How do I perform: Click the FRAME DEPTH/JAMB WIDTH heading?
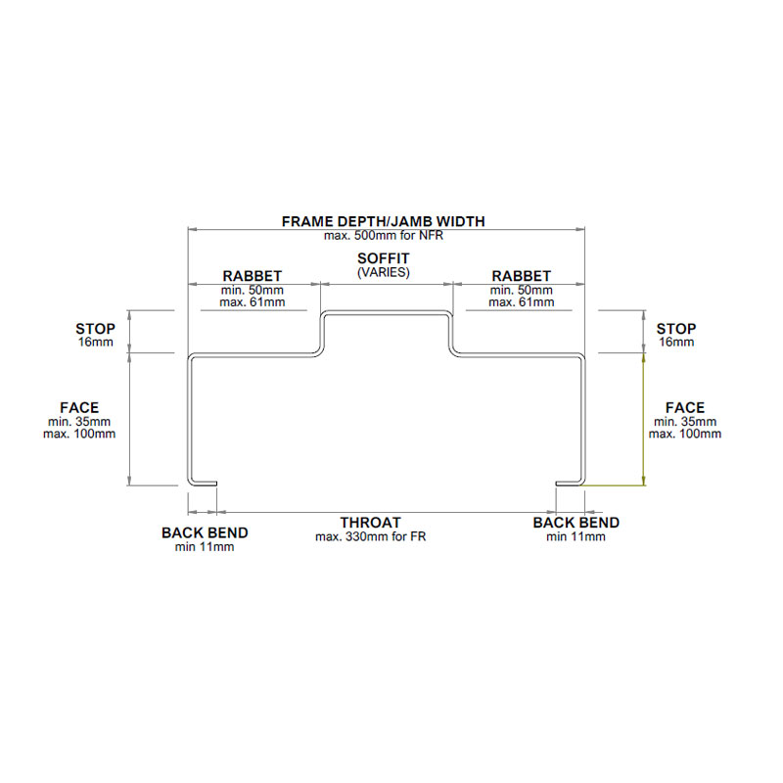383,221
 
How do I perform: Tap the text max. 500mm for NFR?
383,235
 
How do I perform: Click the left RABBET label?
253,276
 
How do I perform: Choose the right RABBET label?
521,276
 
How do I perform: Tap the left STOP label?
95,329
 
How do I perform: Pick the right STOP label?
676,329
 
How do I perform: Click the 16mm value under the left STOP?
95,343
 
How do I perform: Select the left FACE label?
79,407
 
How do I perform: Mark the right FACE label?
685,407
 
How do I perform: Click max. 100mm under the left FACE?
79,434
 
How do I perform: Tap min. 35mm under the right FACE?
685,421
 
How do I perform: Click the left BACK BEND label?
205,533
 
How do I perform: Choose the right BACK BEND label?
576,523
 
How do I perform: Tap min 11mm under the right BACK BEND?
576,536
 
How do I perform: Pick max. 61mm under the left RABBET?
253,302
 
